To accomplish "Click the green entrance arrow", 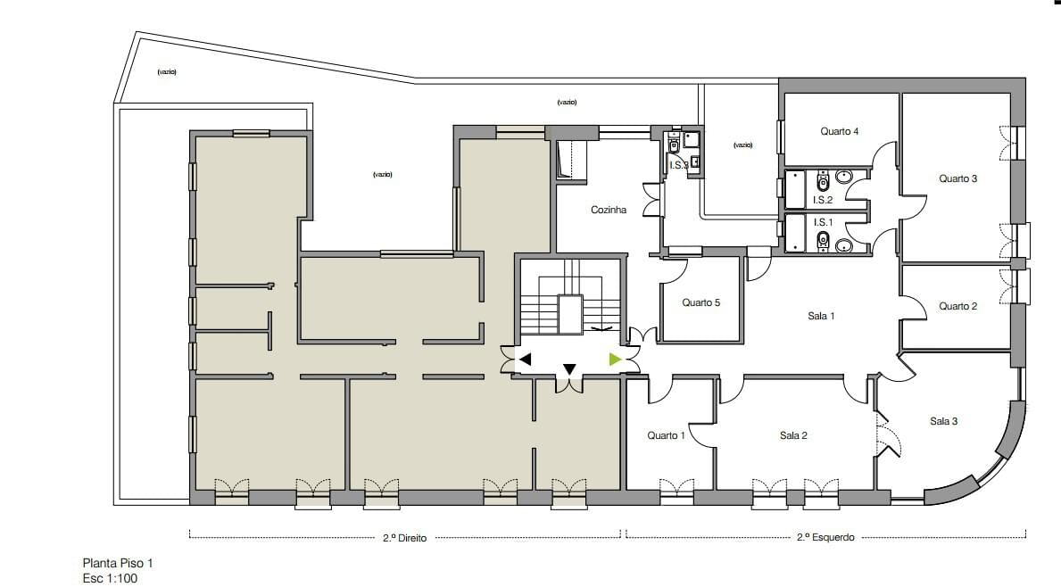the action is click(615, 360).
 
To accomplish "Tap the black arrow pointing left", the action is click(525, 360).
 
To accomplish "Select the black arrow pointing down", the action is click(569, 369).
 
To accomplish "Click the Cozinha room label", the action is click(609, 210).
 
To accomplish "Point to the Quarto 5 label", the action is click(701, 302).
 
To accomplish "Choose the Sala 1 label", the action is click(821, 316).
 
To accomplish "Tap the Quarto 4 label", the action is click(839, 131).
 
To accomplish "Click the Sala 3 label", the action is click(943, 421).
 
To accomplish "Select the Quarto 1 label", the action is click(666, 435).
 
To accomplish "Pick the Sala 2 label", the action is click(793, 435).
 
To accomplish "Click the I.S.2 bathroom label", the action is click(822, 200).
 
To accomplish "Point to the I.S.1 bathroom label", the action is click(823, 222).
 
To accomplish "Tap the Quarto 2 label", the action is click(957, 306).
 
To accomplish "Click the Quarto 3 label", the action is click(957, 178).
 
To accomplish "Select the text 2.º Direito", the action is click(404, 538).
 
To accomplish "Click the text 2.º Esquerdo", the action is click(825, 538).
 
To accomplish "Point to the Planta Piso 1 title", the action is click(118, 563).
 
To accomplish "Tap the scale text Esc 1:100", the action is click(110, 578).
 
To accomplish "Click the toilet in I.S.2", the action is click(824, 180).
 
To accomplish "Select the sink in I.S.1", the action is click(843, 244).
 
